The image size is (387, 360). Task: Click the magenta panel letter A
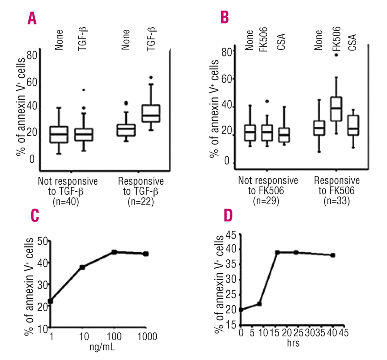pos(32,18)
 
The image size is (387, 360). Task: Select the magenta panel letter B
pos(225,17)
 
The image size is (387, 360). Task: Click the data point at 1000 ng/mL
pos(146,254)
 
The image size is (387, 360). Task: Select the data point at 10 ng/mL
pos(82,267)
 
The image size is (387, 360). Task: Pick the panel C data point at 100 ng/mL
pos(114,252)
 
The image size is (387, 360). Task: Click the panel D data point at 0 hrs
pos(241,310)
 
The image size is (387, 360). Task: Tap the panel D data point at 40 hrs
pos(333,255)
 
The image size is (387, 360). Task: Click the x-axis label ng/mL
pos(102,346)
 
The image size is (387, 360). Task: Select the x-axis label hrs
pos(293,343)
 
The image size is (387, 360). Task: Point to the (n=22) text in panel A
pos(141,202)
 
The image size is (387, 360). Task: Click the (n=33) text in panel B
pos(337,201)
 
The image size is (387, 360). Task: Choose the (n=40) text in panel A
pos(66,202)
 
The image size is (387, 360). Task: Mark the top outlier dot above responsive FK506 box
pos(336,55)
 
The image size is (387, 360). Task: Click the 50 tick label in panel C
pos(43,241)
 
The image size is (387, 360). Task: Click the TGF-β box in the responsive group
pos(151,113)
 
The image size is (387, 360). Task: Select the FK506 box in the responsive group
pos(336,109)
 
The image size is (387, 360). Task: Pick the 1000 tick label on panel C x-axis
pos(147,336)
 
